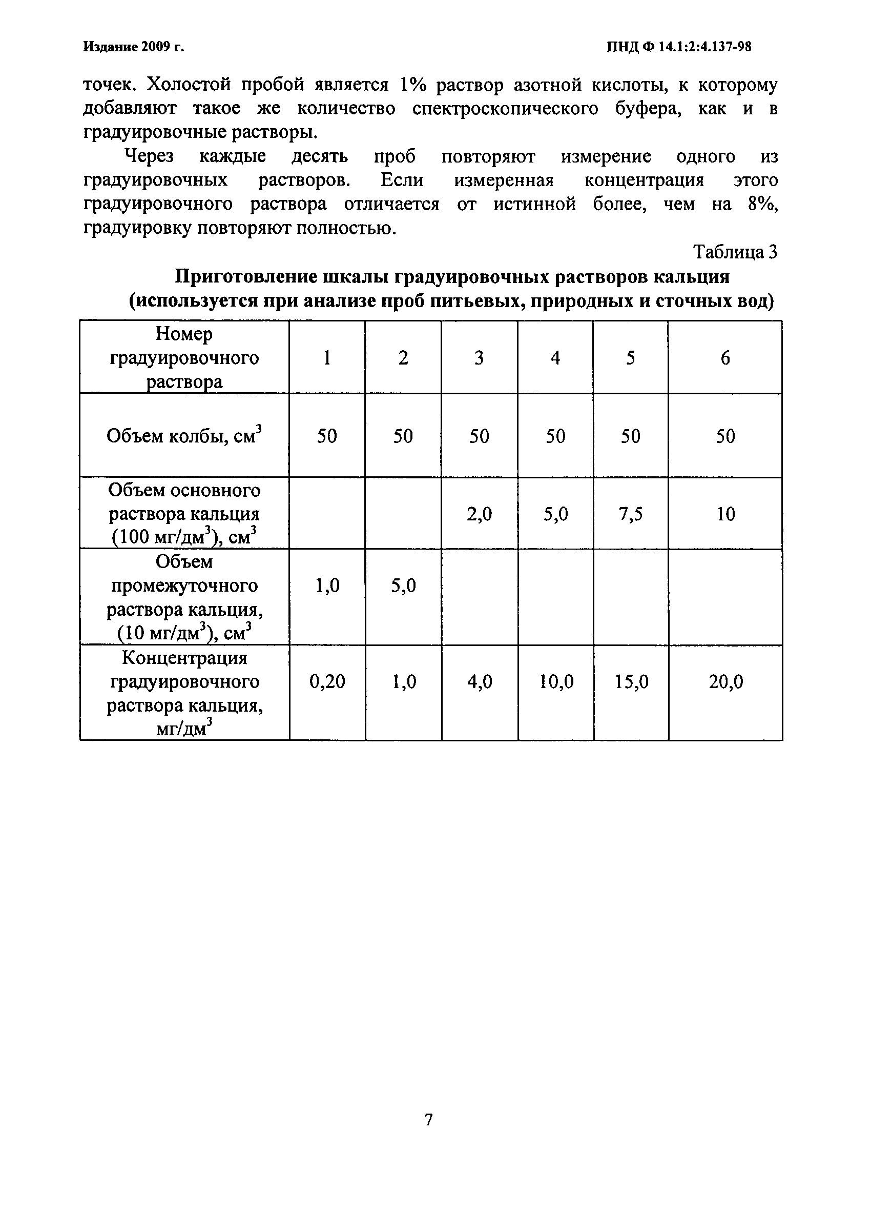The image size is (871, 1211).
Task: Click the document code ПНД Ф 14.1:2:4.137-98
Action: [x=679, y=47]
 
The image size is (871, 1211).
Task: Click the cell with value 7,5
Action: [x=630, y=514]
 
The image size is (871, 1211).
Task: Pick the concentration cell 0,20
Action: [x=327, y=682]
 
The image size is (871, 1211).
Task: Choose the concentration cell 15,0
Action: [x=631, y=682]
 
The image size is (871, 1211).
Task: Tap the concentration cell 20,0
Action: [x=726, y=682]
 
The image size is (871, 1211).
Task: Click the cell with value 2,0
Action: [x=479, y=514]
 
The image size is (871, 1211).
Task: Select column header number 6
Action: [x=725, y=358]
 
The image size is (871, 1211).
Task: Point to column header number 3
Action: [x=479, y=358]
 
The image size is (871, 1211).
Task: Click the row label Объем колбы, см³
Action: [x=184, y=436]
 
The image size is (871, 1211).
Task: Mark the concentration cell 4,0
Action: [x=479, y=682]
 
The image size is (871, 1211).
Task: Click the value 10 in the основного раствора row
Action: [x=726, y=514]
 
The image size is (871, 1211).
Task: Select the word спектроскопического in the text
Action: [x=505, y=108]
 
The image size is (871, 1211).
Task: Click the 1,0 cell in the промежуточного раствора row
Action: [x=327, y=586]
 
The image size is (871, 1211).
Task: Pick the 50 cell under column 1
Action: [x=327, y=436]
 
